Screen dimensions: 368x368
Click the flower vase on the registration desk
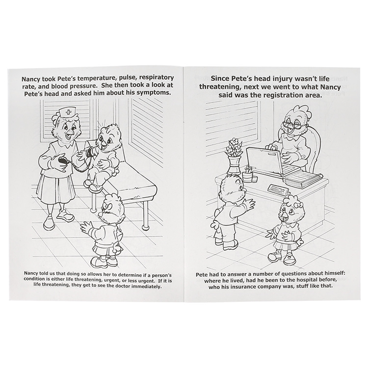click(x=234, y=166)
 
